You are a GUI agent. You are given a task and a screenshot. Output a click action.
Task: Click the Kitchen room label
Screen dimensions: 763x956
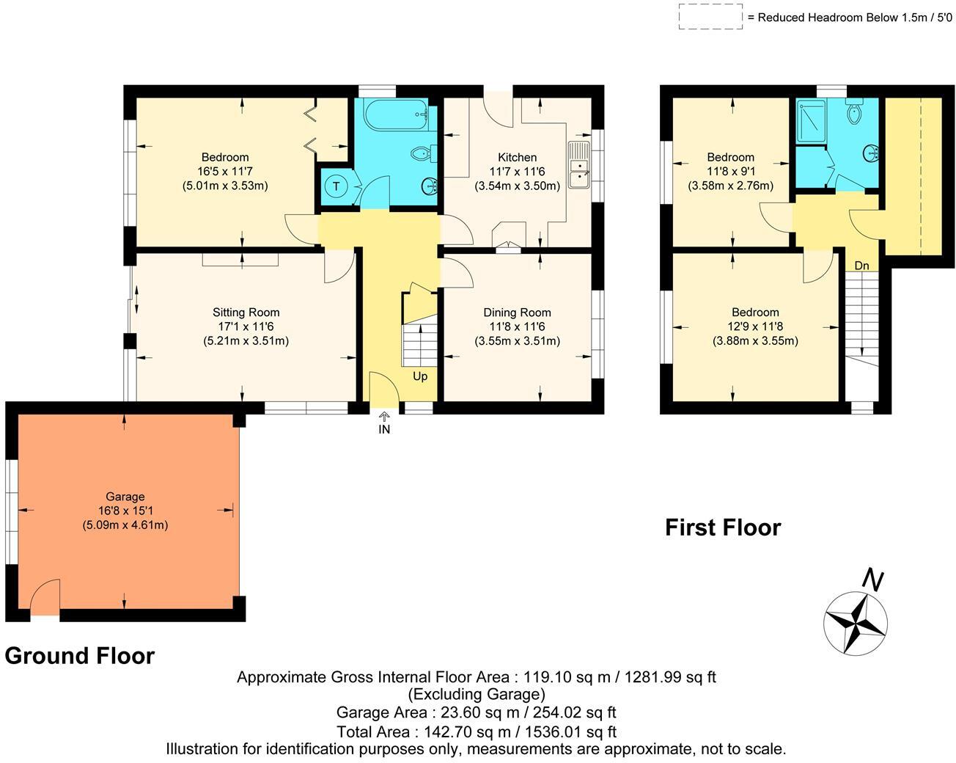[517, 157]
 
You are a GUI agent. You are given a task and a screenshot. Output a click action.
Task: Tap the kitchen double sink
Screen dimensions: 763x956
[579, 165]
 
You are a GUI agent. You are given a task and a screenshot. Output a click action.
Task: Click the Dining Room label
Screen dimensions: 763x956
[517, 313]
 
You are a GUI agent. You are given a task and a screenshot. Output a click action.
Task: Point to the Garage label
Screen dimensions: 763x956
[125, 497]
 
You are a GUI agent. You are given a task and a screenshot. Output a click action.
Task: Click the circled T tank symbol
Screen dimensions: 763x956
[336, 186]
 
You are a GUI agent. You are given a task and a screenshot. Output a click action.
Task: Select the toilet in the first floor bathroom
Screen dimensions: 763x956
[854, 113]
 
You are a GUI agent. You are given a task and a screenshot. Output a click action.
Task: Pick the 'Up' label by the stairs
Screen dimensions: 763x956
[420, 376]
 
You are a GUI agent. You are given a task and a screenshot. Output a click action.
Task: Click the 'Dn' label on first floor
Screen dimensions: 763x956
[862, 266]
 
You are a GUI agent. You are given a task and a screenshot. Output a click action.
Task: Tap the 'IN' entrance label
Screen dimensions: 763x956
[384, 430]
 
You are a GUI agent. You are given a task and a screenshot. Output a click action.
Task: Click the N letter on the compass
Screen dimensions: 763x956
[872, 580]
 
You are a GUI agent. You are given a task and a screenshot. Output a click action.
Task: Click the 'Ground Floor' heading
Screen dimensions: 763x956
[80, 656]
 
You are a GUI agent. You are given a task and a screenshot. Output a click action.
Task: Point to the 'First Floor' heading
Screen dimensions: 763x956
[723, 527]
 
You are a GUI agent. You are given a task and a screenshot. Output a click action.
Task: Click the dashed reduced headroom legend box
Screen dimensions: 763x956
[710, 16]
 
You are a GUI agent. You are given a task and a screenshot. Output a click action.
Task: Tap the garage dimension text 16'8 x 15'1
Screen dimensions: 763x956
[125, 511]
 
